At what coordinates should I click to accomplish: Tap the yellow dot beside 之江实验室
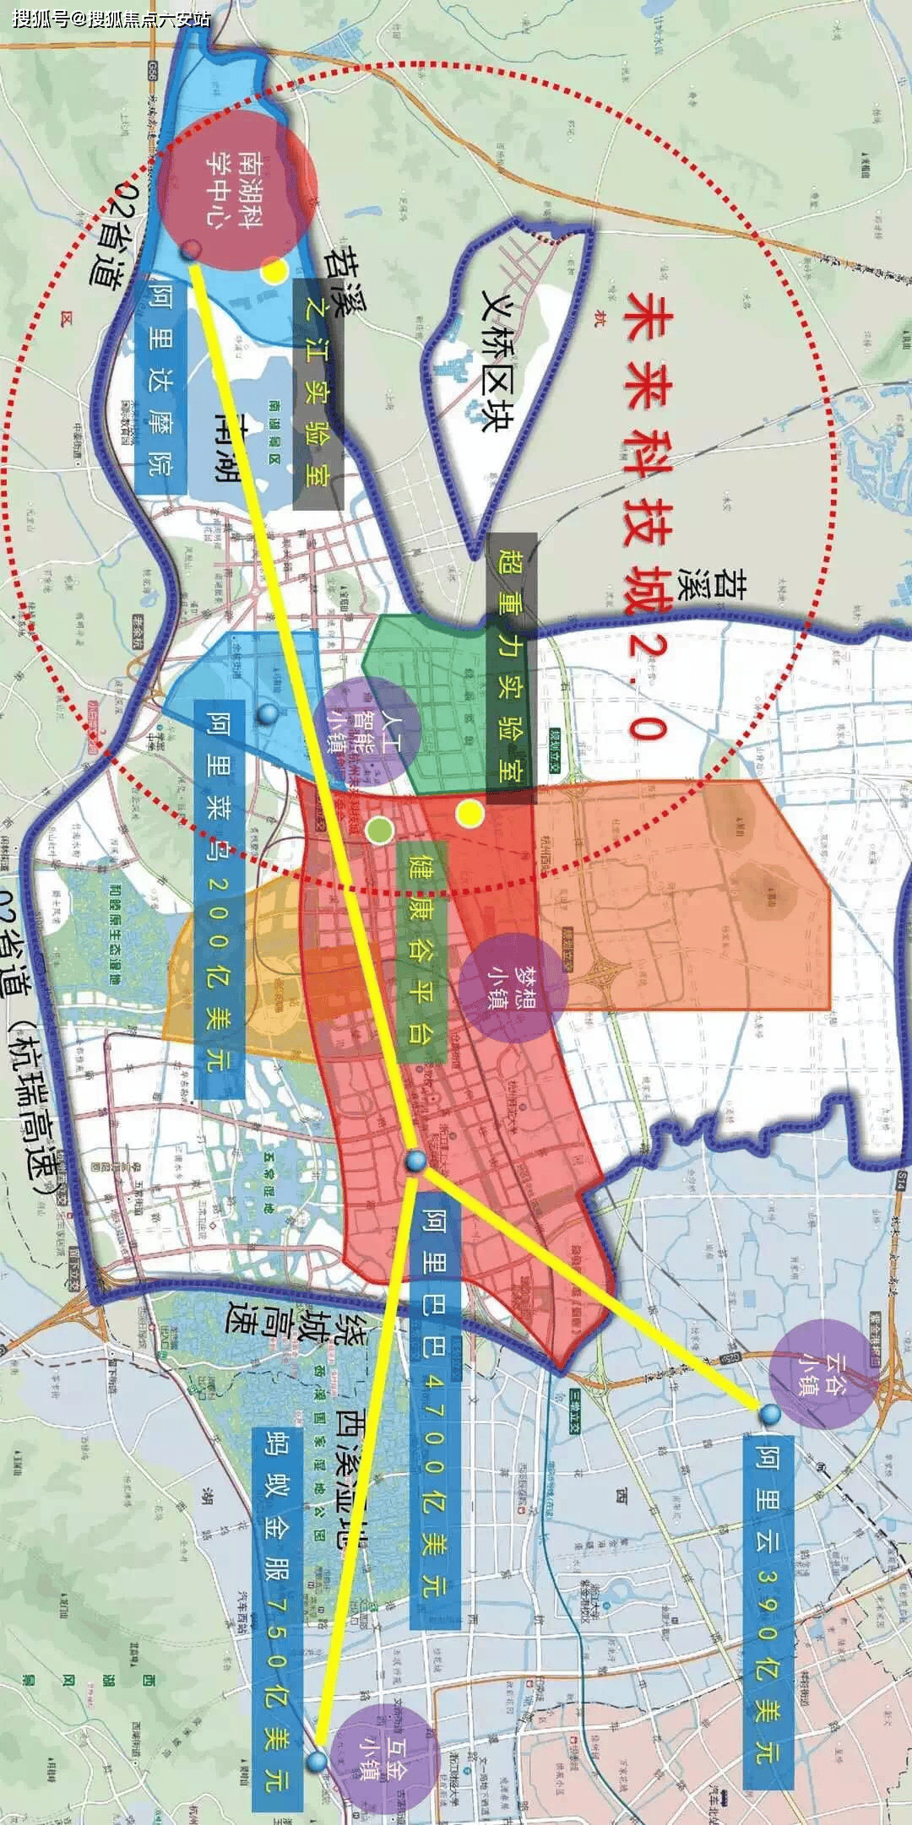pyautogui.click(x=274, y=270)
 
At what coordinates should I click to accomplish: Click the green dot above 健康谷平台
pyautogui.click(x=380, y=830)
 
